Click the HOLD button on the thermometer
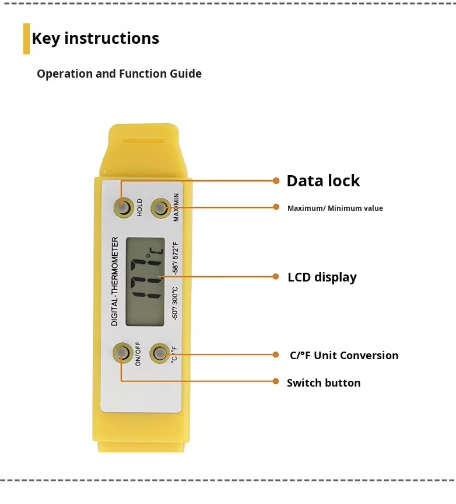click(122, 207)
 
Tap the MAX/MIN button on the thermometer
click(160, 208)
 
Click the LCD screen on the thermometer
click(145, 281)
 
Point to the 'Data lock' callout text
click(323, 181)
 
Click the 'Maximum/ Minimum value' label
click(335, 208)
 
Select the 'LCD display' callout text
click(322, 277)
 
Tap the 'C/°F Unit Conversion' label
click(344, 356)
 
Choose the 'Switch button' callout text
click(324, 383)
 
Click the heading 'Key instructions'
click(95, 39)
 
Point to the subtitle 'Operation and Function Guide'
click(119, 74)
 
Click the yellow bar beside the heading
click(26, 39)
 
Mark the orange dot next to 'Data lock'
click(276, 180)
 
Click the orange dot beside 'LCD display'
click(276, 277)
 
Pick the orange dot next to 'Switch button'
click(276, 381)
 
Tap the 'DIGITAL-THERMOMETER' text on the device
click(115, 281)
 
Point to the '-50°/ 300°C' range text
click(175, 303)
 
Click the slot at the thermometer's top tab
click(143, 140)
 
